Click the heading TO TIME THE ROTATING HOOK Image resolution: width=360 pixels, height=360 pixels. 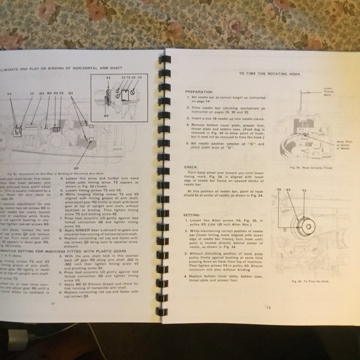pyautogui.click(x=260, y=73)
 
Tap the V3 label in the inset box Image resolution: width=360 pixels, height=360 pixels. pyautogui.click(x=139, y=78)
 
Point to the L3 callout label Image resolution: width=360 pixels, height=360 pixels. pyautogui.click(x=31, y=94)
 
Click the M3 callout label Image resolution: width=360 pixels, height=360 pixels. pyautogui.click(x=41, y=94)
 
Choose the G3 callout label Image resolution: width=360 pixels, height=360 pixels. pyautogui.click(x=70, y=94)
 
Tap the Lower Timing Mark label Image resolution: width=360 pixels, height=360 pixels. pyautogui.click(x=329, y=91)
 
